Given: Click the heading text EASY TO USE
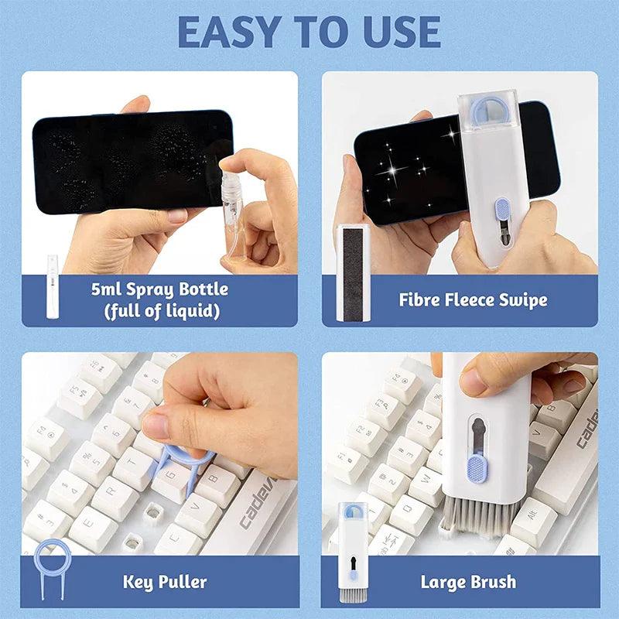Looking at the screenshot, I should [x=309, y=32].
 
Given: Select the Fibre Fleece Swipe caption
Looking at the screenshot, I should [x=473, y=299].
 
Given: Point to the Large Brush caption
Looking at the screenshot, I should [x=468, y=581].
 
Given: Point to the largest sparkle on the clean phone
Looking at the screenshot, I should [x=402, y=166].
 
